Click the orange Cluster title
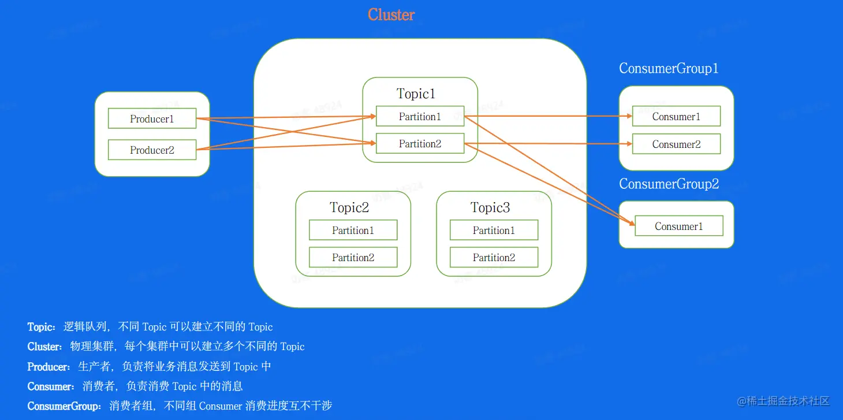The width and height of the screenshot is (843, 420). [391, 15]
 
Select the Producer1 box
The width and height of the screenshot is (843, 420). [152, 119]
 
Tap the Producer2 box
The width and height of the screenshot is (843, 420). [152, 150]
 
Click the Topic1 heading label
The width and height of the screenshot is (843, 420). [416, 94]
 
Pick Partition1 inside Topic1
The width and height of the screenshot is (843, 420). [420, 116]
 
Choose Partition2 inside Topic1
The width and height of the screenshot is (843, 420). [420, 144]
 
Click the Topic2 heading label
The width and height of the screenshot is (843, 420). [349, 207]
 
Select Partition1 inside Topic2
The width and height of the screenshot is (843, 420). [353, 230]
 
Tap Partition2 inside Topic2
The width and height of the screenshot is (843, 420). [353, 258]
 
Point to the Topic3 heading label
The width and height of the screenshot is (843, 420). [490, 207]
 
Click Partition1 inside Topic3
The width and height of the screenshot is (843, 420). [494, 230]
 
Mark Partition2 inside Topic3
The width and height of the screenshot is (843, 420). [494, 258]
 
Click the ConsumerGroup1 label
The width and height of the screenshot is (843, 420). [669, 68]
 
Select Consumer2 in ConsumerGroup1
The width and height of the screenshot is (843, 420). [676, 144]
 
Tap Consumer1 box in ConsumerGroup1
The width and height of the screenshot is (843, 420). [676, 116]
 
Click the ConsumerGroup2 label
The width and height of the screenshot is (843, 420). [669, 184]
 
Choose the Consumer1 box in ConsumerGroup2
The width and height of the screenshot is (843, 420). [678, 226]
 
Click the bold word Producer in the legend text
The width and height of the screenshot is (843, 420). [48, 367]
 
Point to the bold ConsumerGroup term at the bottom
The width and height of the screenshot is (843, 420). [64, 406]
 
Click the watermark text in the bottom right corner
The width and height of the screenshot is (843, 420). [783, 400]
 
